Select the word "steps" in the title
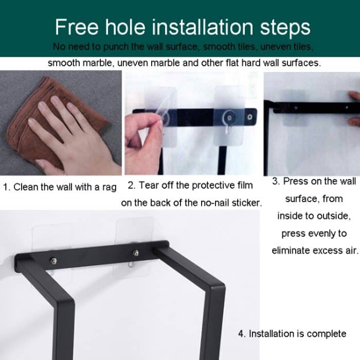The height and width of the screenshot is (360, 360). (x=283, y=27)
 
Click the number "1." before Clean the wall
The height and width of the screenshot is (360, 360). (x=7, y=187)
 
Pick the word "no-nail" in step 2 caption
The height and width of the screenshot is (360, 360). (x=215, y=203)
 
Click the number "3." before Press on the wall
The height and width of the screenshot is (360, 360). (x=276, y=182)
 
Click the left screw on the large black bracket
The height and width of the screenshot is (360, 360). (x=54, y=259)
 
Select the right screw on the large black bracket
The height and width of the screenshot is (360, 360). (x=135, y=253)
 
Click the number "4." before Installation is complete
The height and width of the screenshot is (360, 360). (x=242, y=334)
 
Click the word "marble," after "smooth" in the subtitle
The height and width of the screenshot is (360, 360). (x=99, y=63)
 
